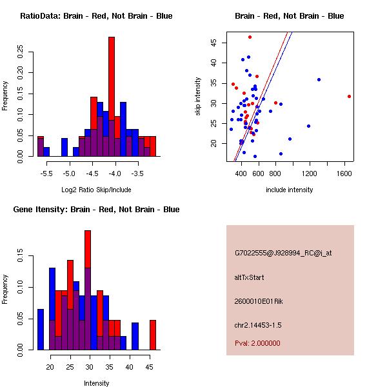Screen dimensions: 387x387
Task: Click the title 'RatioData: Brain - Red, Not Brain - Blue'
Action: click(96, 16)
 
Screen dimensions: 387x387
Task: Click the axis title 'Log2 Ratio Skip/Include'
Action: click(96, 190)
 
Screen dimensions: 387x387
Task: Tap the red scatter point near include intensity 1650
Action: click(349, 96)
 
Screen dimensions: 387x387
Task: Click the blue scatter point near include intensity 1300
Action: click(319, 79)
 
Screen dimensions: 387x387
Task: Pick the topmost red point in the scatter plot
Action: click(250, 37)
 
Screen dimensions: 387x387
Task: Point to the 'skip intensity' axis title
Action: click(198, 97)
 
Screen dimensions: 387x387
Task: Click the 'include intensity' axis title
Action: click(290, 190)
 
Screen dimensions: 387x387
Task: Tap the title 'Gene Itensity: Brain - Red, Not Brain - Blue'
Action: click(96, 210)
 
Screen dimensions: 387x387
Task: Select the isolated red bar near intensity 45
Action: click(153, 335)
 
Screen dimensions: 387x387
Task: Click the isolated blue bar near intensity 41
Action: click(135, 336)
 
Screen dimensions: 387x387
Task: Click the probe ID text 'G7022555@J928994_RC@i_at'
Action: click(283, 253)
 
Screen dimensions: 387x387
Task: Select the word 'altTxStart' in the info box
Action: click(250, 277)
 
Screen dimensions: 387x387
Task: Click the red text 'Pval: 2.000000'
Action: click(257, 343)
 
